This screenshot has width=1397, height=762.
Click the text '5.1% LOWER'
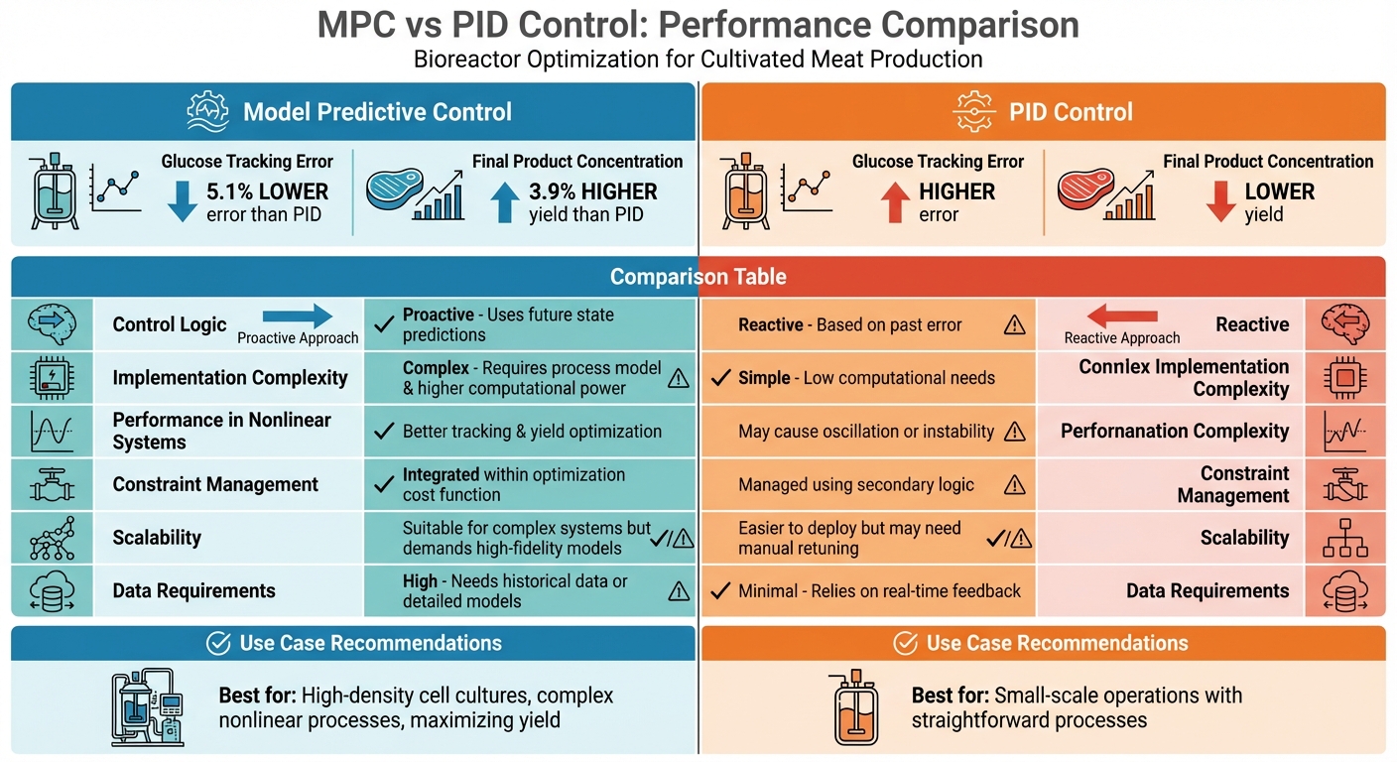(x=267, y=191)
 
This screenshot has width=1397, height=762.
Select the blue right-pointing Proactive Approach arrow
(x=298, y=317)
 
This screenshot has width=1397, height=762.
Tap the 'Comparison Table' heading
(x=698, y=277)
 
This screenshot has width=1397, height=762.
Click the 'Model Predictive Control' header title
(x=377, y=112)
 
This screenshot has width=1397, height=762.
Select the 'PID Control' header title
(x=1071, y=112)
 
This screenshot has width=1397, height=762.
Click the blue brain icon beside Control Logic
(x=52, y=324)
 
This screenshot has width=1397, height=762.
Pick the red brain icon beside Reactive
(x=1344, y=324)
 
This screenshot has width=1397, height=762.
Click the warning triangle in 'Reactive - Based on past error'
(x=1014, y=324)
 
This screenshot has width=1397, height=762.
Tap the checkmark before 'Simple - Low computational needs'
(x=721, y=378)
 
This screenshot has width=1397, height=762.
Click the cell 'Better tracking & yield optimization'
(x=532, y=432)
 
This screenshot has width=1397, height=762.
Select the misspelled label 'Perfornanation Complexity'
(x=1175, y=432)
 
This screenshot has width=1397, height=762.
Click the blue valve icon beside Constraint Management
(x=52, y=485)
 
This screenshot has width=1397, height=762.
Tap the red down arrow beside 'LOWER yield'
(x=1218, y=201)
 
